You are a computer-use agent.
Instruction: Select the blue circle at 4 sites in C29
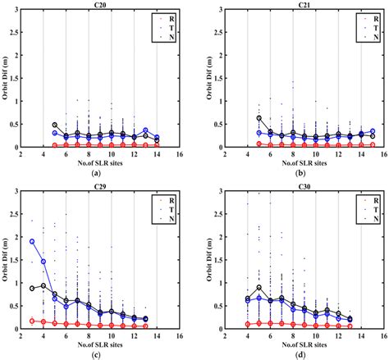43,262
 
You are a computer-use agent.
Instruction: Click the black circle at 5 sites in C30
259,288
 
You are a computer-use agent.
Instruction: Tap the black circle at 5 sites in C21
259,118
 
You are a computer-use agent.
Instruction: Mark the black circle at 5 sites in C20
55,125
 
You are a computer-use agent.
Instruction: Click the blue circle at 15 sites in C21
371,131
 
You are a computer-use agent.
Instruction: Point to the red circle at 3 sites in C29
32,321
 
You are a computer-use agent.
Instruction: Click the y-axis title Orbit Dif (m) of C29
7,260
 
